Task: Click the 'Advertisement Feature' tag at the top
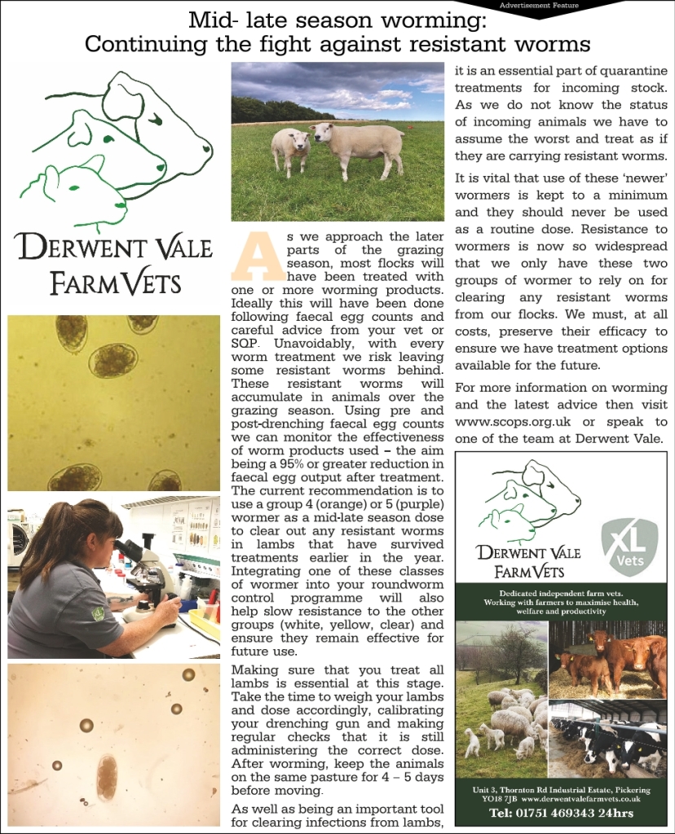click(x=539, y=5)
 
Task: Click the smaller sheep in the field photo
click(x=290, y=148)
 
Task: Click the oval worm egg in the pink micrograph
click(x=107, y=777)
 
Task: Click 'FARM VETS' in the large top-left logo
click(x=115, y=284)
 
